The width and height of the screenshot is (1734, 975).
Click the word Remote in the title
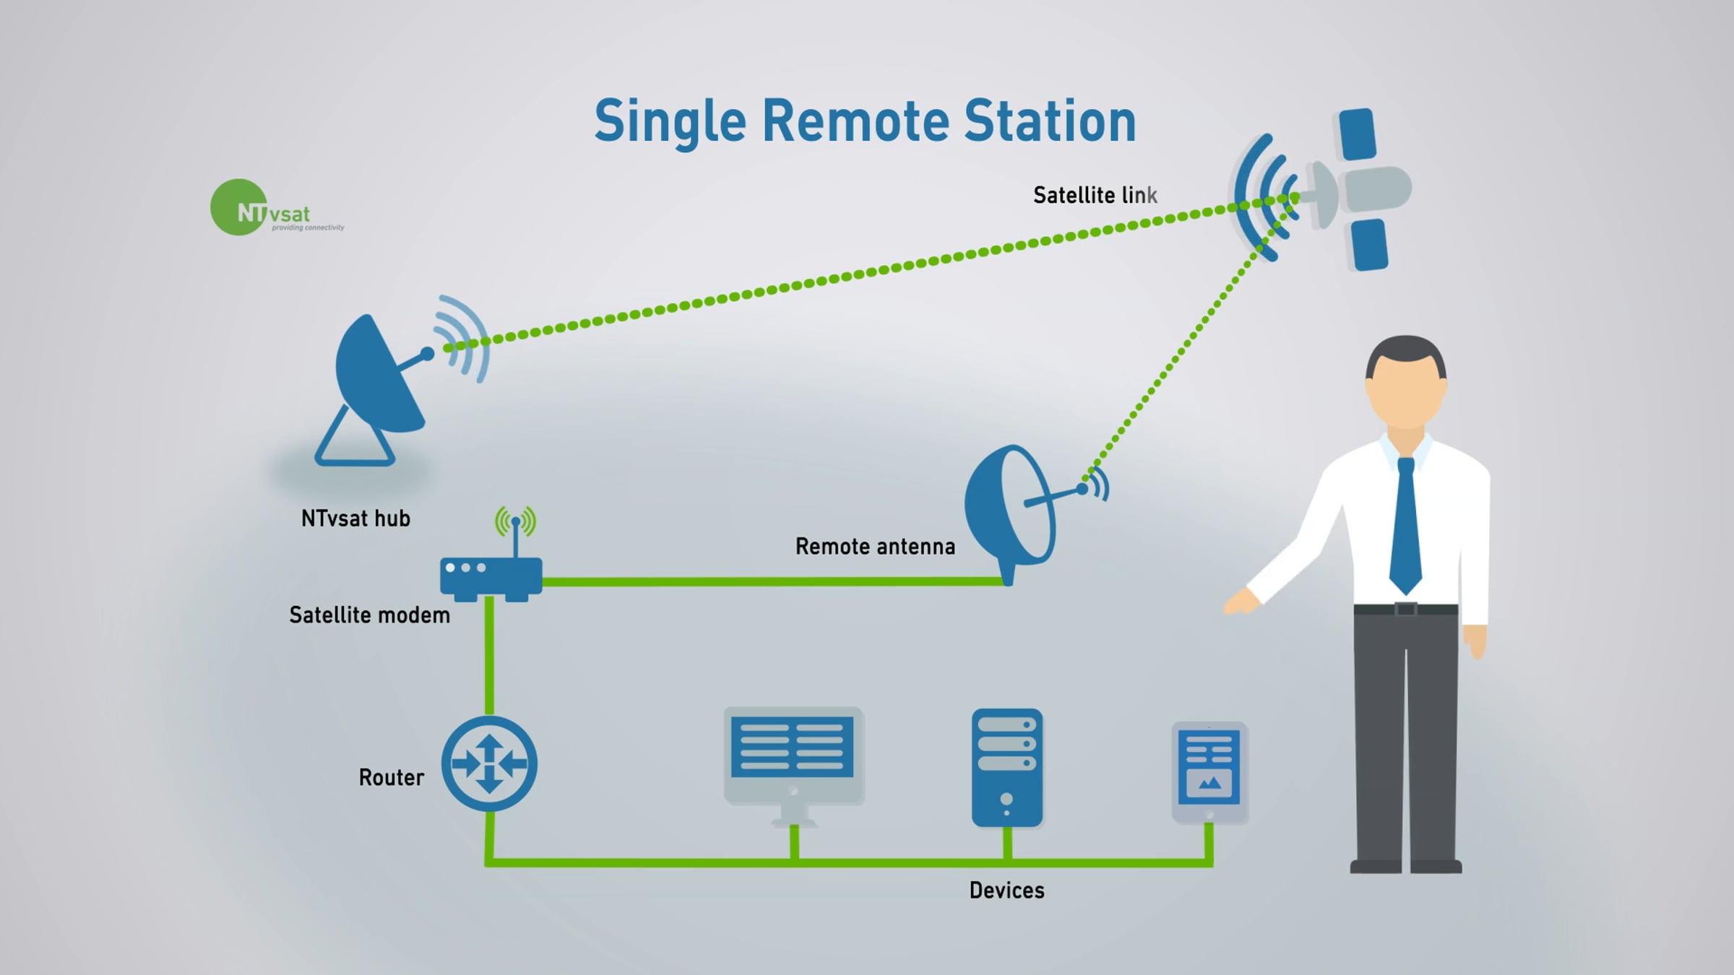tap(855, 121)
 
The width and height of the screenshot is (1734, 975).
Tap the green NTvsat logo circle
tap(238, 207)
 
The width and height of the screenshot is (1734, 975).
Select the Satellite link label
tap(1095, 195)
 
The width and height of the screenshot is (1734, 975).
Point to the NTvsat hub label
tap(355, 519)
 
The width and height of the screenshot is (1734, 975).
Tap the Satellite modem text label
tap(369, 615)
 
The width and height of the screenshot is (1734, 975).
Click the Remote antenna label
tap(875, 547)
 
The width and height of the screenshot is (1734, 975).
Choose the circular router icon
tap(489, 763)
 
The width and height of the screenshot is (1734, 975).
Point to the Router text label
tap(391, 778)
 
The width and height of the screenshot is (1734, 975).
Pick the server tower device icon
tap(1007, 768)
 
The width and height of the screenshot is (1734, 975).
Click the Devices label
tap(1006, 890)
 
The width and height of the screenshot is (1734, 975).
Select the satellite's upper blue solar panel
tap(1358, 134)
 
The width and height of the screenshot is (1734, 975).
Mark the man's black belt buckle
tap(1406, 609)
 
